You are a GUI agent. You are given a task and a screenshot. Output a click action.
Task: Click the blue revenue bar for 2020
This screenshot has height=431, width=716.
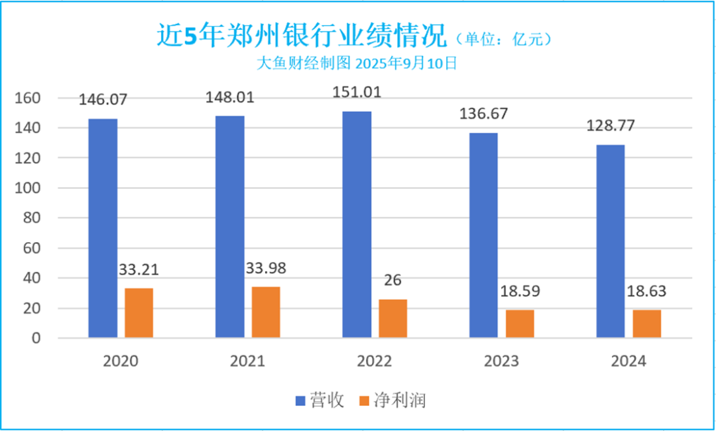[x=103, y=229]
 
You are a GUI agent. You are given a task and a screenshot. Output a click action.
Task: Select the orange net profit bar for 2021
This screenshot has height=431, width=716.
[x=266, y=312]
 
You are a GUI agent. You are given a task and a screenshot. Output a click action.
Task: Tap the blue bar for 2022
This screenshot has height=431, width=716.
[x=357, y=225]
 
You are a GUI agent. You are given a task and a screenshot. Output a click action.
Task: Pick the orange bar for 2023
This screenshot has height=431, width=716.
[x=520, y=324]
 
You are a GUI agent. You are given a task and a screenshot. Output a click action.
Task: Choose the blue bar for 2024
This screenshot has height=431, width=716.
[x=610, y=241]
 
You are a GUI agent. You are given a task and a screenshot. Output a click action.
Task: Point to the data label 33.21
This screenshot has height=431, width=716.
[x=139, y=270]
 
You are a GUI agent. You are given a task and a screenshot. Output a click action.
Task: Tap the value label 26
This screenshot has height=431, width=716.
[x=392, y=280]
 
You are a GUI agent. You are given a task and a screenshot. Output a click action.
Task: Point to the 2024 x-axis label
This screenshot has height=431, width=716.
[x=627, y=361]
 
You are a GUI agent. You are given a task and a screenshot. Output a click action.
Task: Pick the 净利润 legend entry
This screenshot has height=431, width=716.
[x=391, y=400]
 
